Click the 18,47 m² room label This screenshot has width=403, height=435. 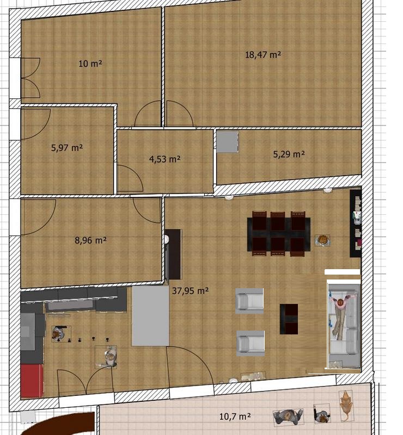(263, 55)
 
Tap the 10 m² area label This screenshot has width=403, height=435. (90, 64)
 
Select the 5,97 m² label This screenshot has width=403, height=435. (67, 147)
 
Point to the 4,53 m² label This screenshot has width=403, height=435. (165, 159)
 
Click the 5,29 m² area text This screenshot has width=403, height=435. (289, 154)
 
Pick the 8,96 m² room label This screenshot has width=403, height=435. (90, 240)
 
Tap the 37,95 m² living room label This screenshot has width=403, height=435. (191, 290)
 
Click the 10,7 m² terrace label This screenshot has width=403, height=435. (235, 417)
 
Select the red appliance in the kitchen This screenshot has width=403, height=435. (32, 381)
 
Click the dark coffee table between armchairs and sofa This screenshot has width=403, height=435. (289, 319)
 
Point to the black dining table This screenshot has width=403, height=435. (279, 234)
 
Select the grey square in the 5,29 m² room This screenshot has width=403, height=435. (228, 142)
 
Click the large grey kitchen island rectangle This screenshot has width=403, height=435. (150, 316)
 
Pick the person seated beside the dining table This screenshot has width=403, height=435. (322, 240)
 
